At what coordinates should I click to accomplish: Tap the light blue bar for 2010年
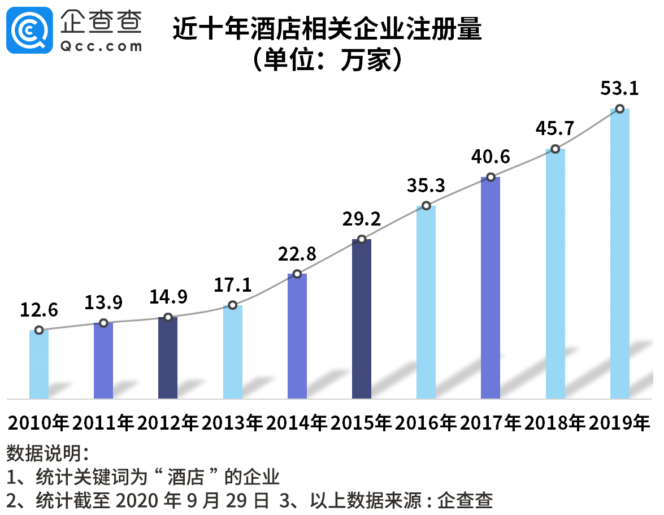click(39, 364)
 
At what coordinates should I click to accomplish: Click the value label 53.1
click(619, 89)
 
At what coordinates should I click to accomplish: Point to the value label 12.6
click(39, 310)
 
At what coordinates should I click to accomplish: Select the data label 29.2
click(362, 219)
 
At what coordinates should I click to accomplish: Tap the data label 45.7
click(555, 128)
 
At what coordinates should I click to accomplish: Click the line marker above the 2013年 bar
click(232, 305)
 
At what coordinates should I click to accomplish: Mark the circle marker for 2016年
click(426, 206)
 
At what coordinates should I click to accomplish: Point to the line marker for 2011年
click(103, 323)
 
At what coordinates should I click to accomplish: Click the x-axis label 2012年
click(168, 423)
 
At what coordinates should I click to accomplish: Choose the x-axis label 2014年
click(297, 423)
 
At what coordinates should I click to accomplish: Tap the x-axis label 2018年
click(555, 423)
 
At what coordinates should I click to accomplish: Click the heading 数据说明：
click(47, 453)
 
